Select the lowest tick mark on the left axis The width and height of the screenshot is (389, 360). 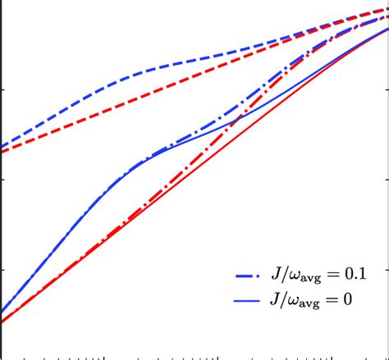[x=2, y=270]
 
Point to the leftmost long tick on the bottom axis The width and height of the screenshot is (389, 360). [x=104, y=356]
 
